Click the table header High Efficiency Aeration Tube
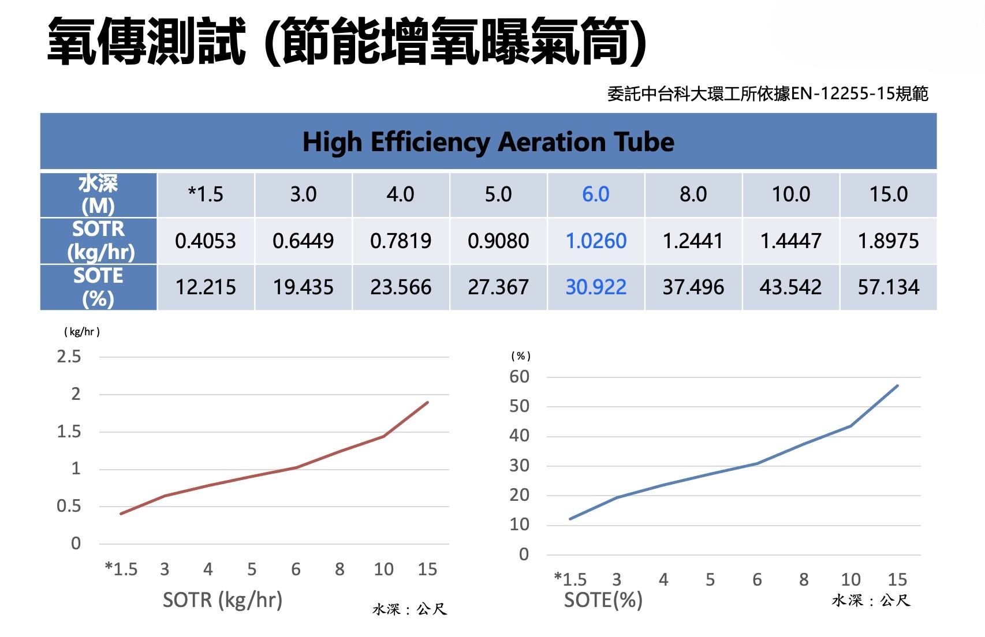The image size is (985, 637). click(488, 142)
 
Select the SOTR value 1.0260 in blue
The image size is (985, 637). click(596, 241)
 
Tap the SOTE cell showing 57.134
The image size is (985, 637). click(888, 287)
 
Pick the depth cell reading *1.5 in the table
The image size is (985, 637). click(206, 194)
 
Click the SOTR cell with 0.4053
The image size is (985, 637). click(206, 241)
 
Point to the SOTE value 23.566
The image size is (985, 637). click(401, 287)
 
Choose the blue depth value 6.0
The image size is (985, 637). click(596, 194)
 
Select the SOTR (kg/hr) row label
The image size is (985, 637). click(99, 241)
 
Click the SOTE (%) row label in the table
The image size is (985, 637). click(99, 287)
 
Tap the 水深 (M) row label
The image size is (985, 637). click(99, 194)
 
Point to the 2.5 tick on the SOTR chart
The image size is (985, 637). click(69, 357)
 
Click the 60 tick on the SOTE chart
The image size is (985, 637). click(519, 377)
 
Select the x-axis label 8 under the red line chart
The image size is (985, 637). click(339, 569)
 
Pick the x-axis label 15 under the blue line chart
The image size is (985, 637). click(897, 579)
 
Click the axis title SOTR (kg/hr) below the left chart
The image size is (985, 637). click(222, 600)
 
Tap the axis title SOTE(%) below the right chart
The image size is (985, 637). click(603, 600)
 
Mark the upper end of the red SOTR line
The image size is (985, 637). click(427, 402)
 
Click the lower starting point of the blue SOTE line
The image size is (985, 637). click(570, 519)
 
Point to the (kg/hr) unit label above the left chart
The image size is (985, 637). click(82, 332)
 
